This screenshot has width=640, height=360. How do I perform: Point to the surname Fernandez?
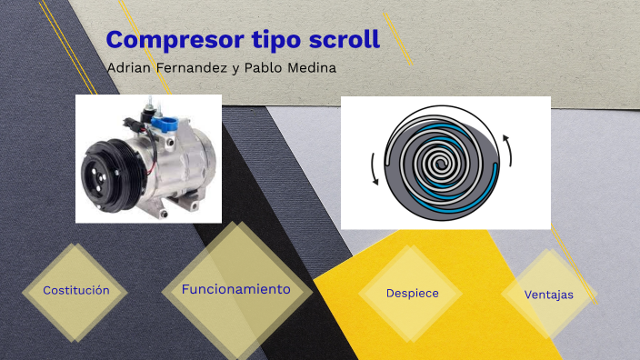coord(195,69)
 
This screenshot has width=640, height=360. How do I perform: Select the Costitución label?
coord(76,290)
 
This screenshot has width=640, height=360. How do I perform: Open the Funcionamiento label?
coord(236,289)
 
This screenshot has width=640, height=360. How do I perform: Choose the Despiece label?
coord(413,293)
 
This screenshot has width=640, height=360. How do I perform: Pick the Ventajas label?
coord(549,295)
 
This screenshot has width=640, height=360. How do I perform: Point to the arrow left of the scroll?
coord(373,168)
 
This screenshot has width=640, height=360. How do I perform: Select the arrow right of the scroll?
coord(508,150)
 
